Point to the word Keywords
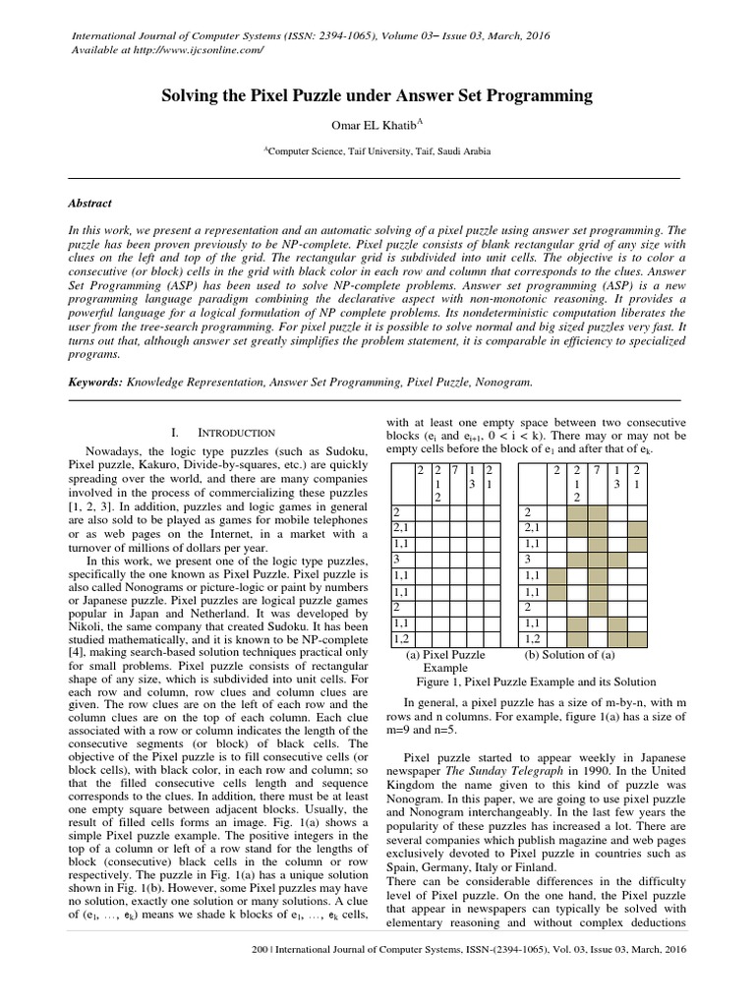pyautogui.click(x=94, y=380)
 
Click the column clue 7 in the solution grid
pyautogui.click(x=598, y=472)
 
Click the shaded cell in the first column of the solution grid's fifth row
pyautogui.click(x=557, y=574)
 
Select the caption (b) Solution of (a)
pyautogui.click(x=570, y=653)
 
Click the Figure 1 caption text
pyautogui.click(x=535, y=680)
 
